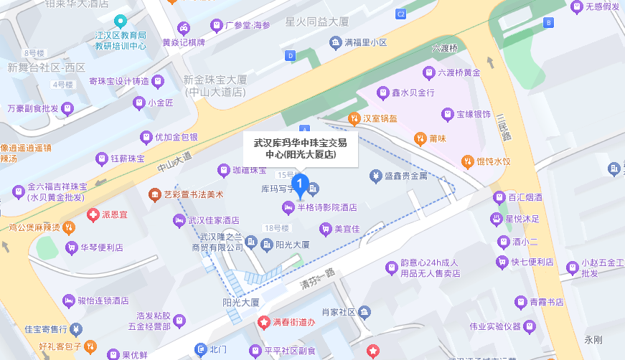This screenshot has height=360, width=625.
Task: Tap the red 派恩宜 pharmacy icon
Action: [x=93, y=214]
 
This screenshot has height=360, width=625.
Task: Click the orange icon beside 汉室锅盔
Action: [x=354, y=118]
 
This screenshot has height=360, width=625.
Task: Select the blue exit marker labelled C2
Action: [x=401, y=14]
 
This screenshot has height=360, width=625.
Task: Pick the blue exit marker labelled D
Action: [x=291, y=55]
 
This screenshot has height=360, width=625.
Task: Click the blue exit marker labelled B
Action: [x=550, y=22]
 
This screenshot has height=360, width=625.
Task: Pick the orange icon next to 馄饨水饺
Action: [x=467, y=161]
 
